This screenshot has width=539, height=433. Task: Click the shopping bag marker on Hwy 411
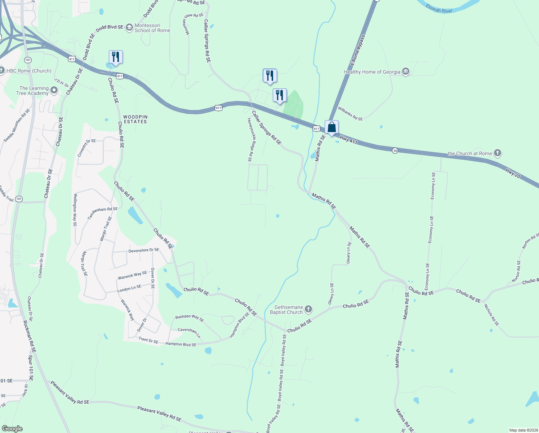(331, 128)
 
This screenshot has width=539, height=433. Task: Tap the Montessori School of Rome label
(152, 28)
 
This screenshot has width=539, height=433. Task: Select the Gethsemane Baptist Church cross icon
(308, 309)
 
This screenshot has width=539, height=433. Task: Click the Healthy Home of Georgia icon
(406, 71)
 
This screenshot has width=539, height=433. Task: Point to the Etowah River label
(439, 9)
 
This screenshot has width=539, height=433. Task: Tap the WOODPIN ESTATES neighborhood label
(135, 119)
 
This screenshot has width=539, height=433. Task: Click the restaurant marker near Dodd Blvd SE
(116, 57)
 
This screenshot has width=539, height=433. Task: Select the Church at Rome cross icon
(497, 153)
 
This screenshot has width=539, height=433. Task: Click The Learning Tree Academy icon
(54, 90)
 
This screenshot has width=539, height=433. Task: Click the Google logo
(12, 429)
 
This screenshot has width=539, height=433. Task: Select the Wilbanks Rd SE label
(350, 113)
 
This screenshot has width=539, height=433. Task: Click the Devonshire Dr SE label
(144, 250)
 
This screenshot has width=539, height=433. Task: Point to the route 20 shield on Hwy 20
(395, 151)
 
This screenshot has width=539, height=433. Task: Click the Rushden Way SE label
(189, 318)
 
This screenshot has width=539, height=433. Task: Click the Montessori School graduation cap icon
(129, 28)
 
